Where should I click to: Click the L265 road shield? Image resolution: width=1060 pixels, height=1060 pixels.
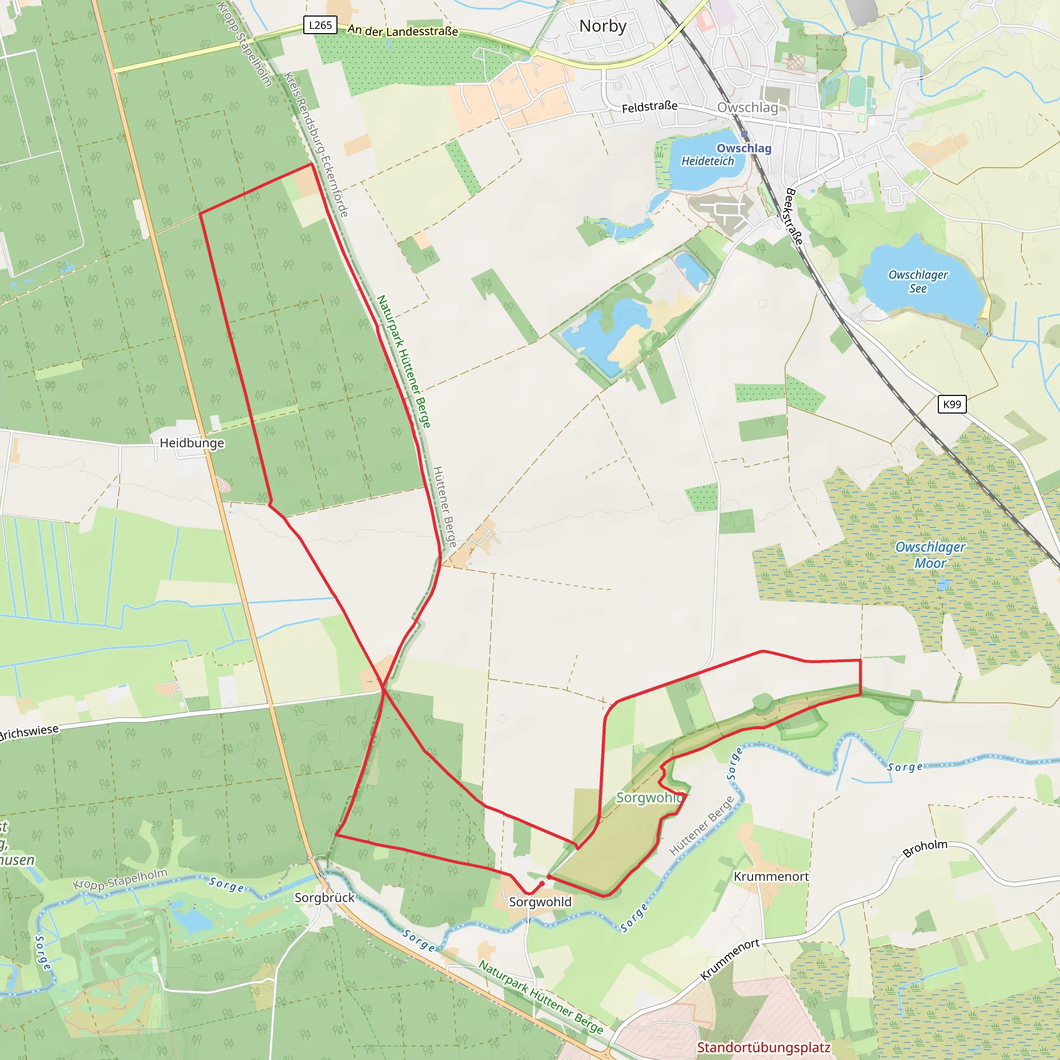pos(320,25)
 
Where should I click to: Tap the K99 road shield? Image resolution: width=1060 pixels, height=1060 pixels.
pos(951,404)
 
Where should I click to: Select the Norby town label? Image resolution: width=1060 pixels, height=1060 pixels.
pos(602,26)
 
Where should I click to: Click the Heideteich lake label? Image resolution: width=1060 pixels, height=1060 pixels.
pos(707,161)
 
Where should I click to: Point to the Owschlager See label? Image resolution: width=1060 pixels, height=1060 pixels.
pos(918,282)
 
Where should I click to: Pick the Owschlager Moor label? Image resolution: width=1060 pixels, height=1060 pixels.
pos(930,555)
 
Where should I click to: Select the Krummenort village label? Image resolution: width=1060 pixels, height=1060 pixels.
pos(771,876)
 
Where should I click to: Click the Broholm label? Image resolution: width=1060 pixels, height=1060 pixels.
pos(925,848)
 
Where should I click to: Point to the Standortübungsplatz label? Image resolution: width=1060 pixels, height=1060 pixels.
pos(763,1048)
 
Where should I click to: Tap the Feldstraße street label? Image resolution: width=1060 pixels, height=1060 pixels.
pos(649,107)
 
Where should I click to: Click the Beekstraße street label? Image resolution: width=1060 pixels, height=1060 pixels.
pos(794,216)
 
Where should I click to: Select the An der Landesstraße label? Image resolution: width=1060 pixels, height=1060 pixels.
pos(402,31)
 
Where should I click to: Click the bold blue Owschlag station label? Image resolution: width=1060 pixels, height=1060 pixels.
pos(743,148)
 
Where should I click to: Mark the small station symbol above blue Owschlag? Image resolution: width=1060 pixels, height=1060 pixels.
pos(744,135)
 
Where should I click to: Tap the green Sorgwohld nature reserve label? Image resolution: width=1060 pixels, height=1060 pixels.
pos(650,797)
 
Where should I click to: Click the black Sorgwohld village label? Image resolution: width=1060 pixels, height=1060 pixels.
pos(540,902)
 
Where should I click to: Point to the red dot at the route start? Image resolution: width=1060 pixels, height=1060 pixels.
pos(542,884)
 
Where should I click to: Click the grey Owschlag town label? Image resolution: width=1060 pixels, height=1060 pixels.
pos(747,108)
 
